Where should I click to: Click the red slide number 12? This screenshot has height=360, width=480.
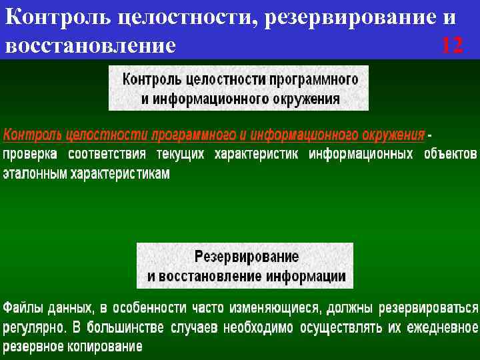(451, 46)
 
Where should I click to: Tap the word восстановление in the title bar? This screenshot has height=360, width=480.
(91, 46)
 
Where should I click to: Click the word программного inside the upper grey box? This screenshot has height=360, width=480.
(315, 79)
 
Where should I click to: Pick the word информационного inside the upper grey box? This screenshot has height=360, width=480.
(211, 99)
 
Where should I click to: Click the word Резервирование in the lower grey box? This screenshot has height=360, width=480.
(247, 256)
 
